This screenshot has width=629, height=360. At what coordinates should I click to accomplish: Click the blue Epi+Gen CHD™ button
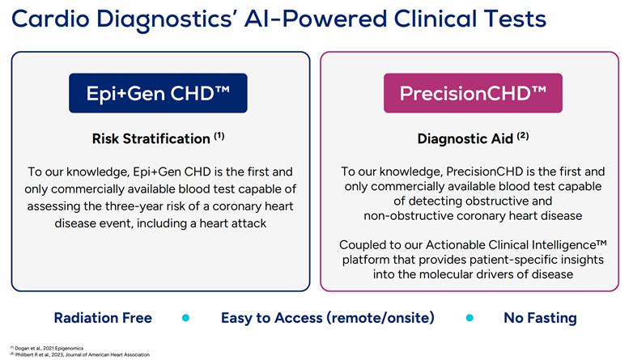(157, 93)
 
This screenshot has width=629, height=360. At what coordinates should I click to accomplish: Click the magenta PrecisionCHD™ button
(472, 93)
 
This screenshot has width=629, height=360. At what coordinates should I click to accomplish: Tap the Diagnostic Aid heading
(465, 138)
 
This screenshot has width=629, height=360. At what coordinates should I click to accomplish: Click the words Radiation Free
(103, 318)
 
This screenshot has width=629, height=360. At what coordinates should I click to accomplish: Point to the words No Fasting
(540, 318)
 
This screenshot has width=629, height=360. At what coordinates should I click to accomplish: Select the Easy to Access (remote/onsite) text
(329, 318)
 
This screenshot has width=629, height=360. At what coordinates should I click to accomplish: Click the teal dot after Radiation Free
(185, 318)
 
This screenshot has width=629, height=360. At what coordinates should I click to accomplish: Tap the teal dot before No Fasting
(470, 318)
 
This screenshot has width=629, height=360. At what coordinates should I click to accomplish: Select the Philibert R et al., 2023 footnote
(77, 354)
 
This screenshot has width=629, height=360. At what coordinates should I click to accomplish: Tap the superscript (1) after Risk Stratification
(219, 136)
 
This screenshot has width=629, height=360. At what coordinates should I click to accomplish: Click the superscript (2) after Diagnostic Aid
(523, 136)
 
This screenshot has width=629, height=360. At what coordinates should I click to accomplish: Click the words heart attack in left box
(231, 223)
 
